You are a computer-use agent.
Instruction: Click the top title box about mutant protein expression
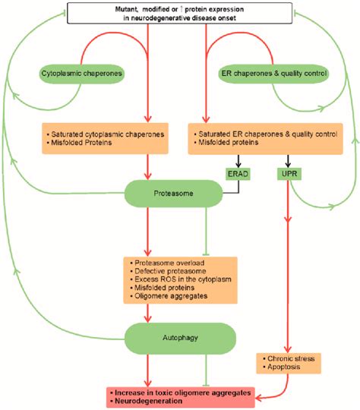[x=179, y=12]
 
